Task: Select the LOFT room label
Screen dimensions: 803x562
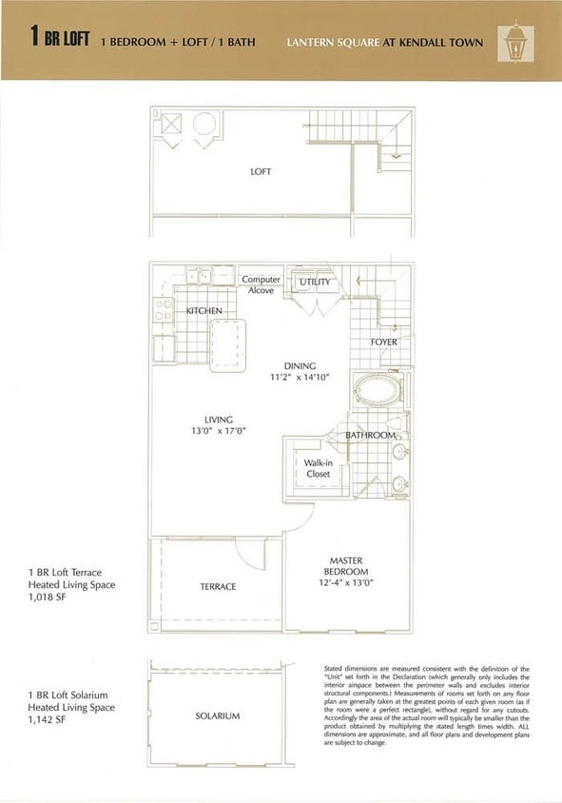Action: tap(261, 172)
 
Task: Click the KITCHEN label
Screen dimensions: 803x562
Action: tap(203, 311)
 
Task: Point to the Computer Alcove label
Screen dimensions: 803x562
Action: tap(261, 285)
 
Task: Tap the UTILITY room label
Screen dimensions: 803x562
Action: tap(315, 283)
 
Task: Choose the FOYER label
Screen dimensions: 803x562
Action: tap(384, 342)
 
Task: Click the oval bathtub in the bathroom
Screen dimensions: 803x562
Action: tap(373, 392)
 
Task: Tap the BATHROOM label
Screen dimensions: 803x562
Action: tap(370, 435)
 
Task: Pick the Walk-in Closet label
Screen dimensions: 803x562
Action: tap(317, 468)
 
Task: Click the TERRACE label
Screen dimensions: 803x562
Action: tap(218, 587)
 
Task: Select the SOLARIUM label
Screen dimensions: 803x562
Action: tap(218, 715)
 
